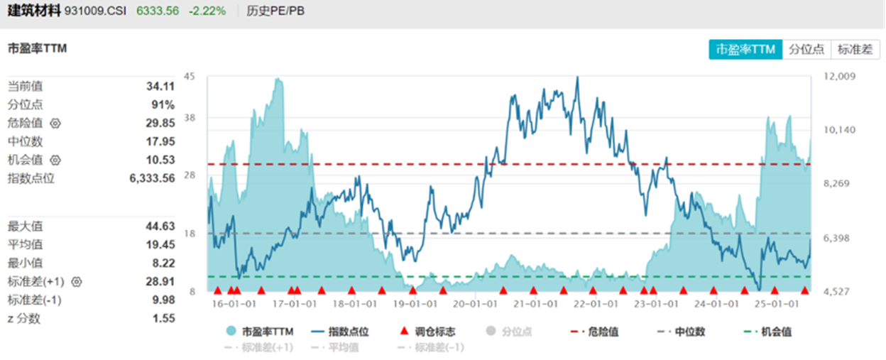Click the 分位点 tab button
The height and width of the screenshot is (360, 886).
point(806,49)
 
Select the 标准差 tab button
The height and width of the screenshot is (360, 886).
point(855,49)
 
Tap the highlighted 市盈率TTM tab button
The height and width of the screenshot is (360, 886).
point(745,49)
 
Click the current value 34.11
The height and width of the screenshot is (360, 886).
point(160,86)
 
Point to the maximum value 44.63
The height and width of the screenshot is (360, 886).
point(160,227)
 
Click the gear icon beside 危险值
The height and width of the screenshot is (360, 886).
point(55,123)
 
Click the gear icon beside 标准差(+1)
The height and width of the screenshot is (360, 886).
point(77,282)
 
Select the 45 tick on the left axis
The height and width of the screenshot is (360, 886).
point(189,77)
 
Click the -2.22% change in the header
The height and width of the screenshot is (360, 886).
point(208,11)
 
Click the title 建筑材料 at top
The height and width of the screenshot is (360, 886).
point(34,11)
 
